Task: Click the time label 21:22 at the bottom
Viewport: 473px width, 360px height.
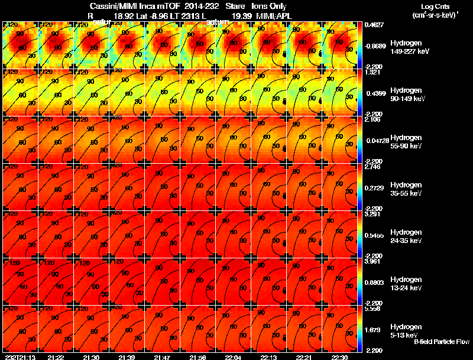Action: click(56, 357)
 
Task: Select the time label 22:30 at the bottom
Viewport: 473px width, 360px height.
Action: click(340, 357)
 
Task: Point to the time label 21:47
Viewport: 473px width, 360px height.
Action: click(162, 357)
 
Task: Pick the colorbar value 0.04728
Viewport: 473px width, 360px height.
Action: click(376, 142)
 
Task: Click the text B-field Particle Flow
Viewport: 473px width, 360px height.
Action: click(442, 342)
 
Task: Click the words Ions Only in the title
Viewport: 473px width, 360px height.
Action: click(273, 5)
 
